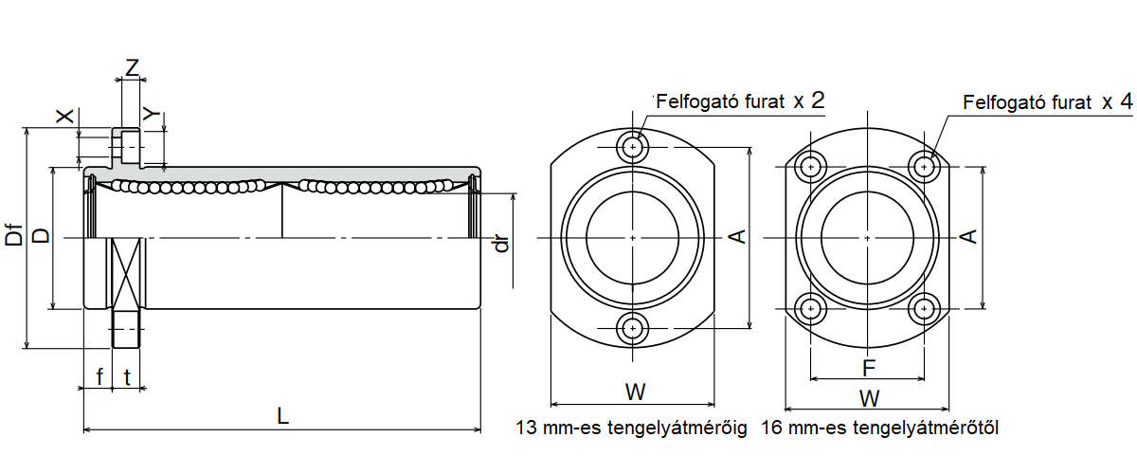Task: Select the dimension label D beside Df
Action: pos(41,234)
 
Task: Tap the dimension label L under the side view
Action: pos(282,415)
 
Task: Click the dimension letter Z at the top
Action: pos(132,68)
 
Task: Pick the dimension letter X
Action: pos(64,116)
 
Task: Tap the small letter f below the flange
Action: pos(99,376)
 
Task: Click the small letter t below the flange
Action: pos(127,376)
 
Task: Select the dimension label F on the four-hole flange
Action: pos(867,367)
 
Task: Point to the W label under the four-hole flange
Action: pos(867,396)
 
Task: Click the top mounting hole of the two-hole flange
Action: pos(632,147)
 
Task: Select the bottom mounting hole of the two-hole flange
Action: pos(632,328)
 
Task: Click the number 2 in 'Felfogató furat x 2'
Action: pos(818,100)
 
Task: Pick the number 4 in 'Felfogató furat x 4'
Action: pos(1125,100)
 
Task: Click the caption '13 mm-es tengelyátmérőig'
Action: pos(631,428)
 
